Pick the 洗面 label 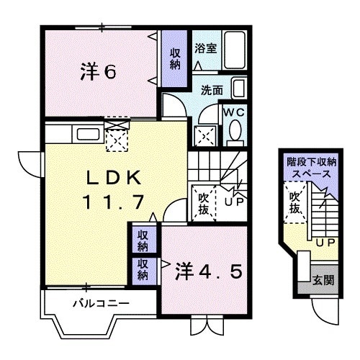211,91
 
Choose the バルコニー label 101,303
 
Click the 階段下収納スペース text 309,168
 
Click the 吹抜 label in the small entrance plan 294,202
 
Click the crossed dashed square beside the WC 204,135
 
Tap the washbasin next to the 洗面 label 239,91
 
